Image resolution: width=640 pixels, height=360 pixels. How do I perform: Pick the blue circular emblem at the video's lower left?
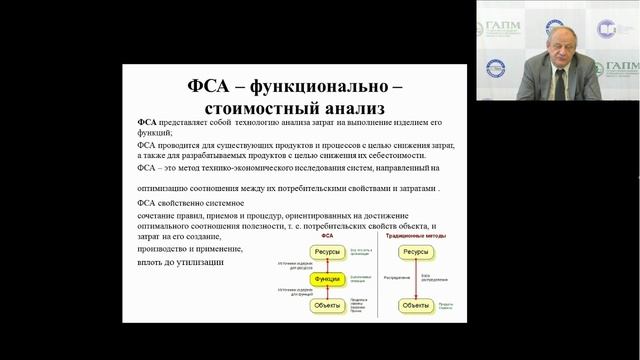click(x=494, y=68)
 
